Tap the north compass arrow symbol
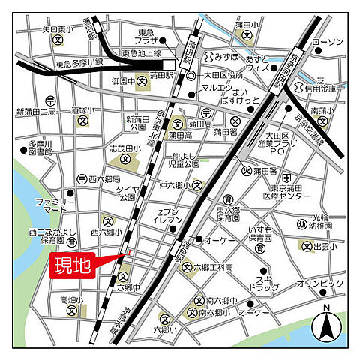326,325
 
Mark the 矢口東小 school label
58,29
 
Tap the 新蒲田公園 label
139,124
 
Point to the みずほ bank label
225,57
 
